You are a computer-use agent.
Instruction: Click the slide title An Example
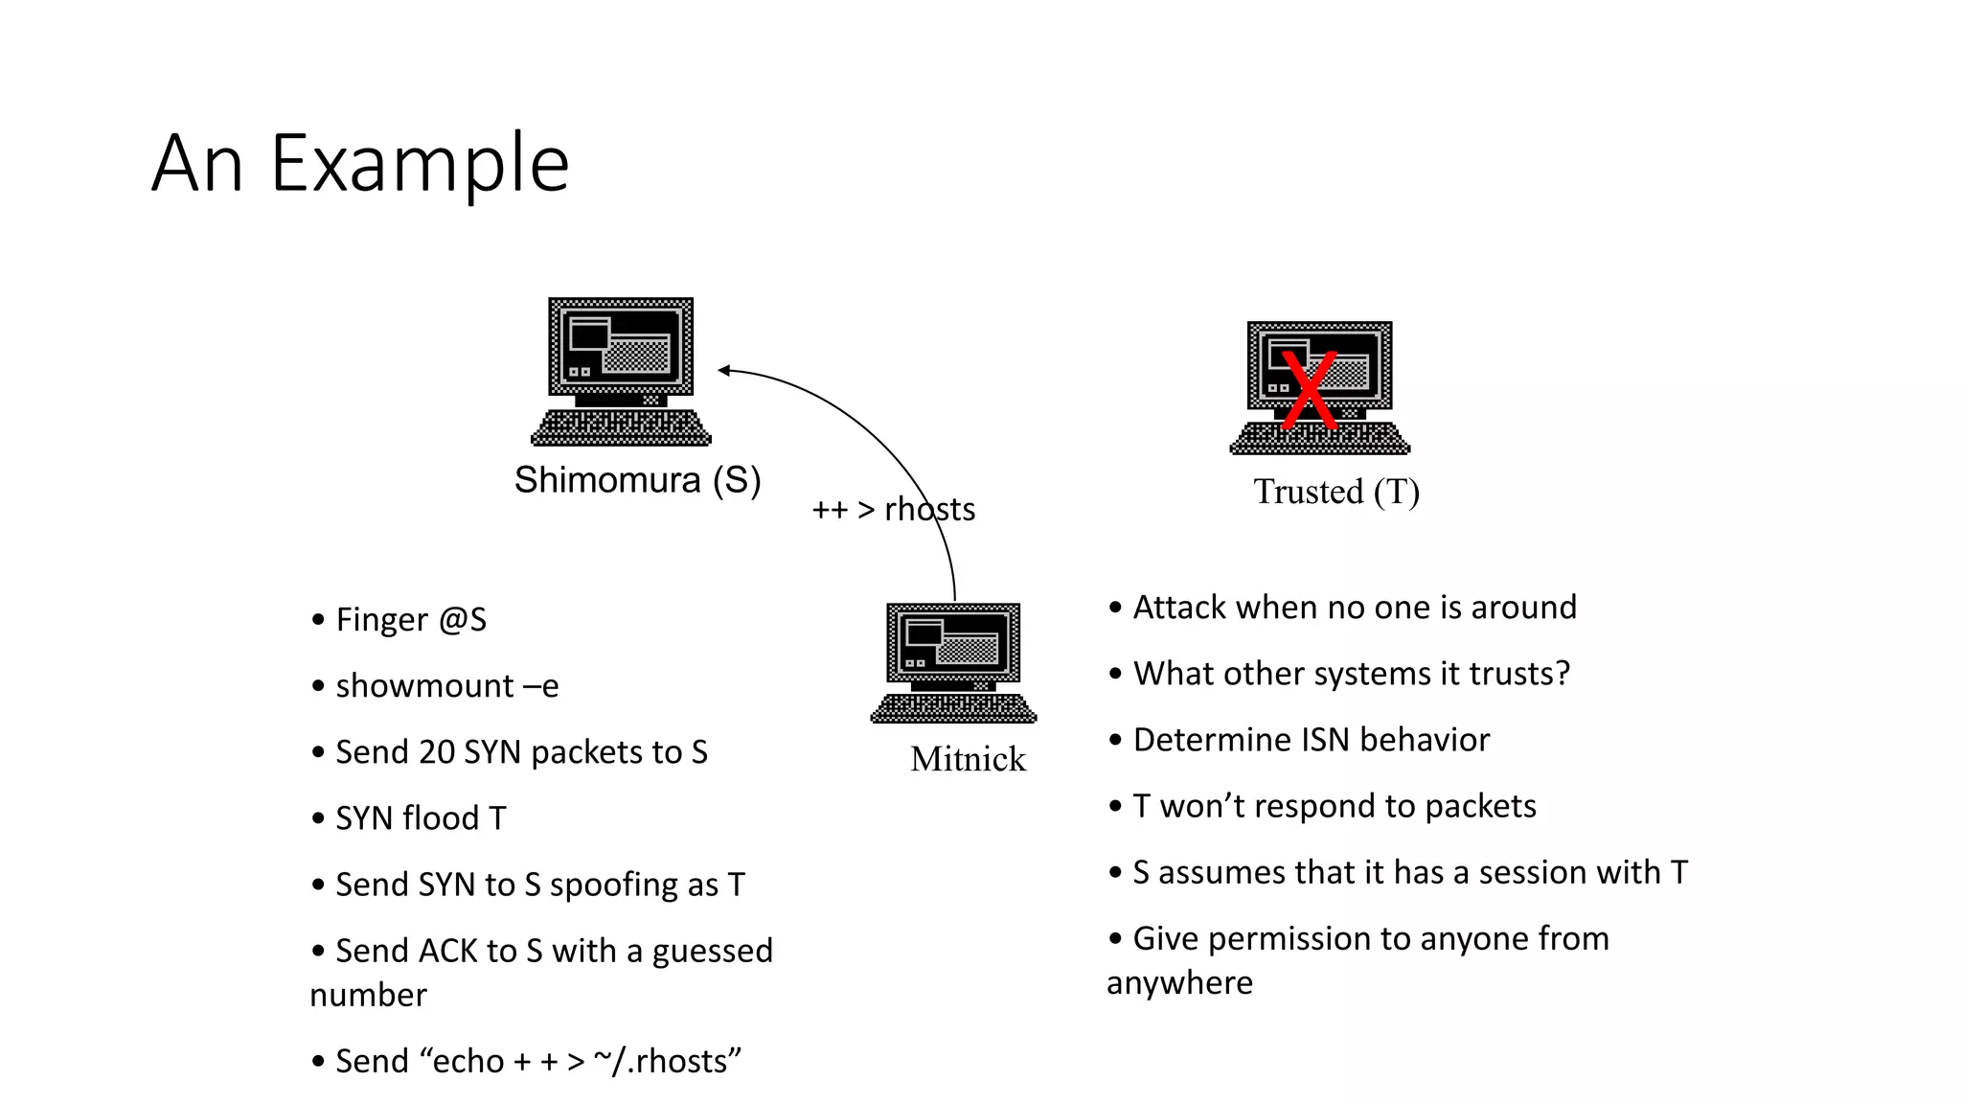pyautogui.click(x=360, y=164)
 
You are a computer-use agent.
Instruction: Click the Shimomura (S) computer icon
pyautogui.click(x=621, y=371)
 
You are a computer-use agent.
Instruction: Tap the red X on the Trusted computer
pyautogui.click(x=1309, y=389)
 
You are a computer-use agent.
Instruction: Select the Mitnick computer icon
pyautogui.click(x=953, y=662)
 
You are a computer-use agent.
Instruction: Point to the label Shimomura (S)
pyautogui.click(x=637, y=480)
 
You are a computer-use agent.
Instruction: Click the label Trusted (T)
pyautogui.click(x=1336, y=492)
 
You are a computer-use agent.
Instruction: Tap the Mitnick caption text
pyautogui.click(x=968, y=759)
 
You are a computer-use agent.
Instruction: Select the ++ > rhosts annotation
pyautogui.click(x=893, y=509)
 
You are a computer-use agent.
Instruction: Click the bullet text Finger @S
pyautogui.click(x=411, y=620)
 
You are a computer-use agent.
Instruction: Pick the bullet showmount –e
pyautogui.click(x=446, y=686)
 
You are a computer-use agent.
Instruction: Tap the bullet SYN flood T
pyautogui.click(x=421, y=818)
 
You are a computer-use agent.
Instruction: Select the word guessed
pyautogui.click(x=712, y=951)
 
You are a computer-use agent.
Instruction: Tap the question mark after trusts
pyautogui.click(x=1563, y=674)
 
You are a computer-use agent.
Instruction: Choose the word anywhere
pyautogui.click(x=1179, y=983)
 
